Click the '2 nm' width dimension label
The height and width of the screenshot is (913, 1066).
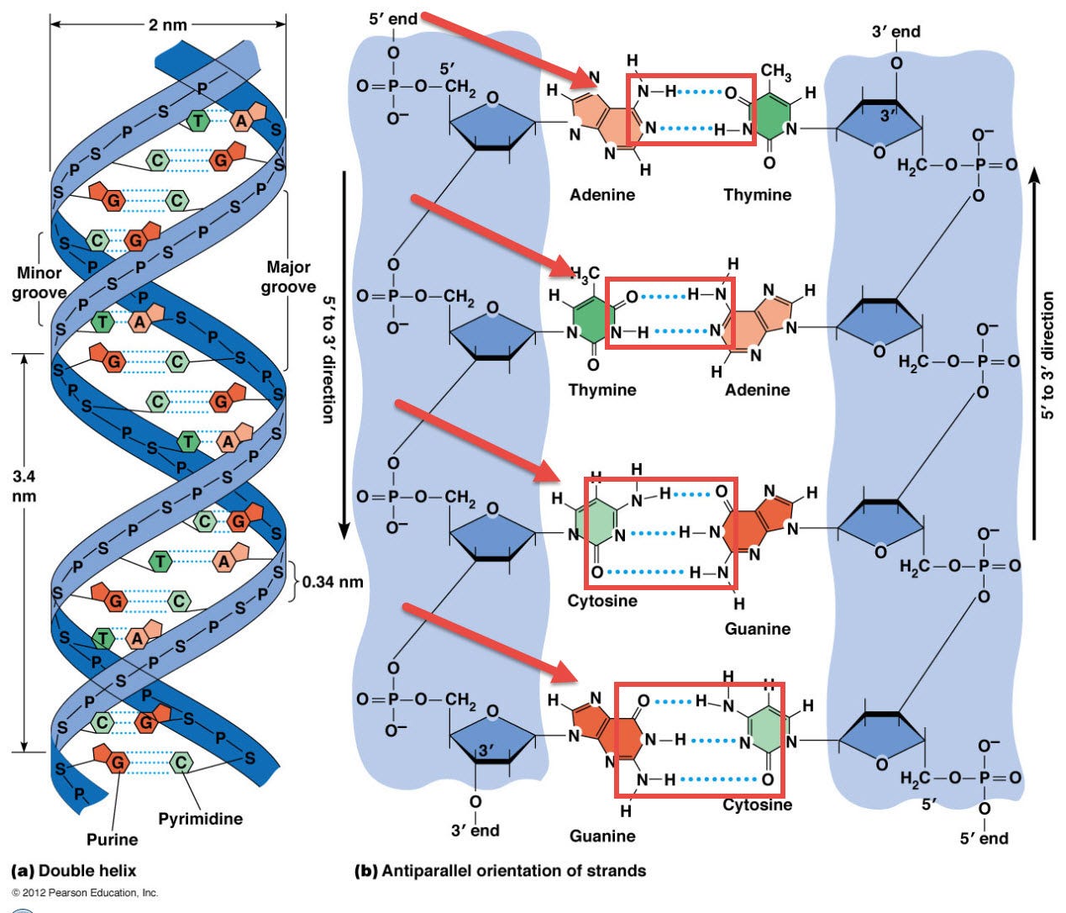[167, 24]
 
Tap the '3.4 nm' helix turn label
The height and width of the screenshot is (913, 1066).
[24, 486]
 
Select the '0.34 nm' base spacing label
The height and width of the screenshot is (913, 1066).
[333, 581]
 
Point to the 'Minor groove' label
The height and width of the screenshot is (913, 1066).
[39, 282]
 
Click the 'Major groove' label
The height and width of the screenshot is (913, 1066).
[288, 277]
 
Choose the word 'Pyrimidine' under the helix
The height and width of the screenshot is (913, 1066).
[200, 819]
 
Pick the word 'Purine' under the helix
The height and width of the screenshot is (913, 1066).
[112, 839]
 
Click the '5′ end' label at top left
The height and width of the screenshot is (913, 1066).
[392, 18]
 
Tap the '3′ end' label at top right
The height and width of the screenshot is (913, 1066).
[895, 32]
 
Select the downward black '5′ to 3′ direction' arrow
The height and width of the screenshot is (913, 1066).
[344, 353]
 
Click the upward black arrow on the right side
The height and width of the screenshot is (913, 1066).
[1035, 353]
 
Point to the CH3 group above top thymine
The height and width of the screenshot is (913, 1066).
[775, 72]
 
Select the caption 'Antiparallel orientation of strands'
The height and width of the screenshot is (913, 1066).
[513, 871]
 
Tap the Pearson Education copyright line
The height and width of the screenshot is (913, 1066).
[85, 893]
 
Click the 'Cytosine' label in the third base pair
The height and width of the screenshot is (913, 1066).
[602, 601]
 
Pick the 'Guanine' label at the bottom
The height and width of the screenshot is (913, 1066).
[602, 836]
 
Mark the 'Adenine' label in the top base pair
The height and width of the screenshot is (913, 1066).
[602, 195]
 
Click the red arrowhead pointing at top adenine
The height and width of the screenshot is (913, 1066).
[585, 80]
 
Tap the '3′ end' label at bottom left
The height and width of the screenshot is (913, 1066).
[475, 831]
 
